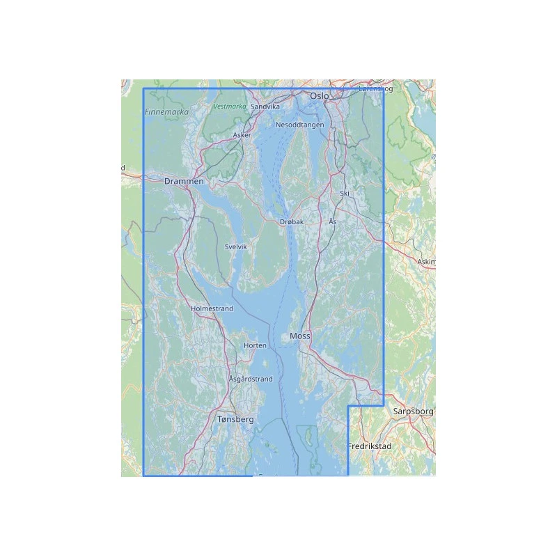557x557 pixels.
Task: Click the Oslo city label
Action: tap(320, 96)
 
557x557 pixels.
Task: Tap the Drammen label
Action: tap(184, 182)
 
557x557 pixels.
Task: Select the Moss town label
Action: tap(299, 336)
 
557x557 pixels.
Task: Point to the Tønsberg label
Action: tap(235, 421)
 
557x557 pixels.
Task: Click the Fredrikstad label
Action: tap(369, 446)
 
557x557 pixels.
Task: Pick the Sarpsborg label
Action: tap(413, 411)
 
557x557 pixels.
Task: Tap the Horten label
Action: tap(256, 345)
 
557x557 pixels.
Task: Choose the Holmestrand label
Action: tap(212, 308)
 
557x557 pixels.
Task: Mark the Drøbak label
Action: tap(292, 222)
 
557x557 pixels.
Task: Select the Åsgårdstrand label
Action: tap(251, 379)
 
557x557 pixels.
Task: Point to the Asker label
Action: tap(242, 135)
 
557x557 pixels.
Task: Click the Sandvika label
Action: tap(265, 107)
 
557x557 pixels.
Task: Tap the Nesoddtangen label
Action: tap(300, 125)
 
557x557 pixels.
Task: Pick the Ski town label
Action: tap(344, 193)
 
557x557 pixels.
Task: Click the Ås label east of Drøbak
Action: tap(332, 221)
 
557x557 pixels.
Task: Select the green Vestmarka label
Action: tap(230, 107)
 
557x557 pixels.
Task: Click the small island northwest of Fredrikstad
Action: tap(304, 438)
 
